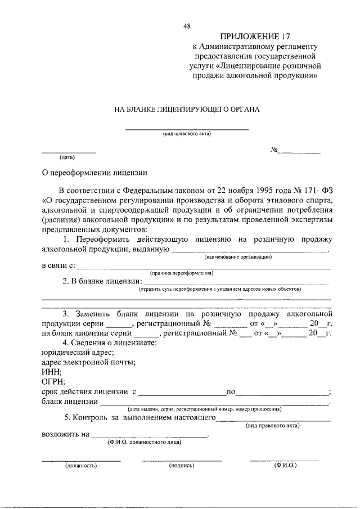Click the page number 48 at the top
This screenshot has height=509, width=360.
[187, 26]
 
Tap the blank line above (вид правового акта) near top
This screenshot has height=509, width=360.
[187, 129]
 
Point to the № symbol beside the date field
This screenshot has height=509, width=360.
[275, 150]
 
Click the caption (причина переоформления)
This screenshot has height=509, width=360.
[181, 273]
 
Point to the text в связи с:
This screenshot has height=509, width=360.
[58, 265]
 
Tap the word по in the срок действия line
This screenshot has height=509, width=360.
[230, 391]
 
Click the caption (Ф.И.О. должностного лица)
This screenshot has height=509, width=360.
[144, 443]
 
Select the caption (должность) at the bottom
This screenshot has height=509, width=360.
[81, 466]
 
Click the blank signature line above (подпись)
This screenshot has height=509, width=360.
[182, 461]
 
